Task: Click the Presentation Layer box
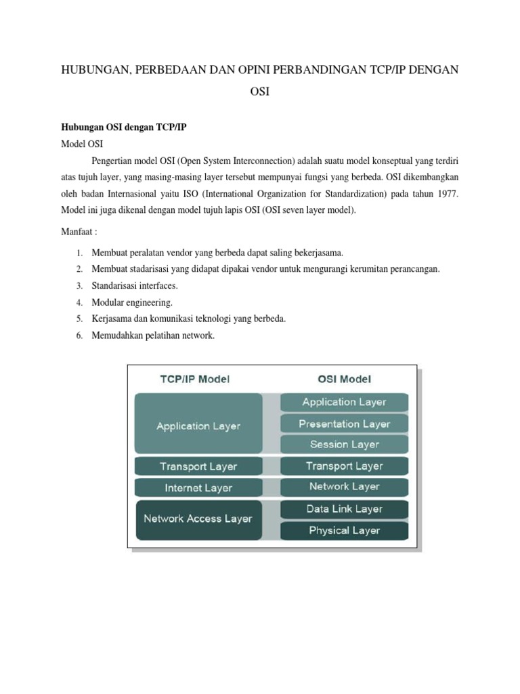(x=345, y=424)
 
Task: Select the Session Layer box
(x=345, y=445)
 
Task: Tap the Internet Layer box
(x=198, y=487)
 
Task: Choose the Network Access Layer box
(x=198, y=519)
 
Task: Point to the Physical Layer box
(x=345, y=531)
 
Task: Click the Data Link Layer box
(x=345, y=509)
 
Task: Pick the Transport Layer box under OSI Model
(x=345, y=466)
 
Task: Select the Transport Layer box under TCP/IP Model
(x=198, y=466)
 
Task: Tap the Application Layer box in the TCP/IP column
(x=198, y=426)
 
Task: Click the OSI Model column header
(x=345, y=380)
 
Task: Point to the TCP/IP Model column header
(x=194, y=380)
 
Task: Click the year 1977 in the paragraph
(x=444, y=194)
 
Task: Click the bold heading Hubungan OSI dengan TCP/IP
(x=124, y=127)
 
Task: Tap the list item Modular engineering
(x=128, y=302)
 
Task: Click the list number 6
(x=79, y=335)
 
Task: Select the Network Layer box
(x=345, y=487)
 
